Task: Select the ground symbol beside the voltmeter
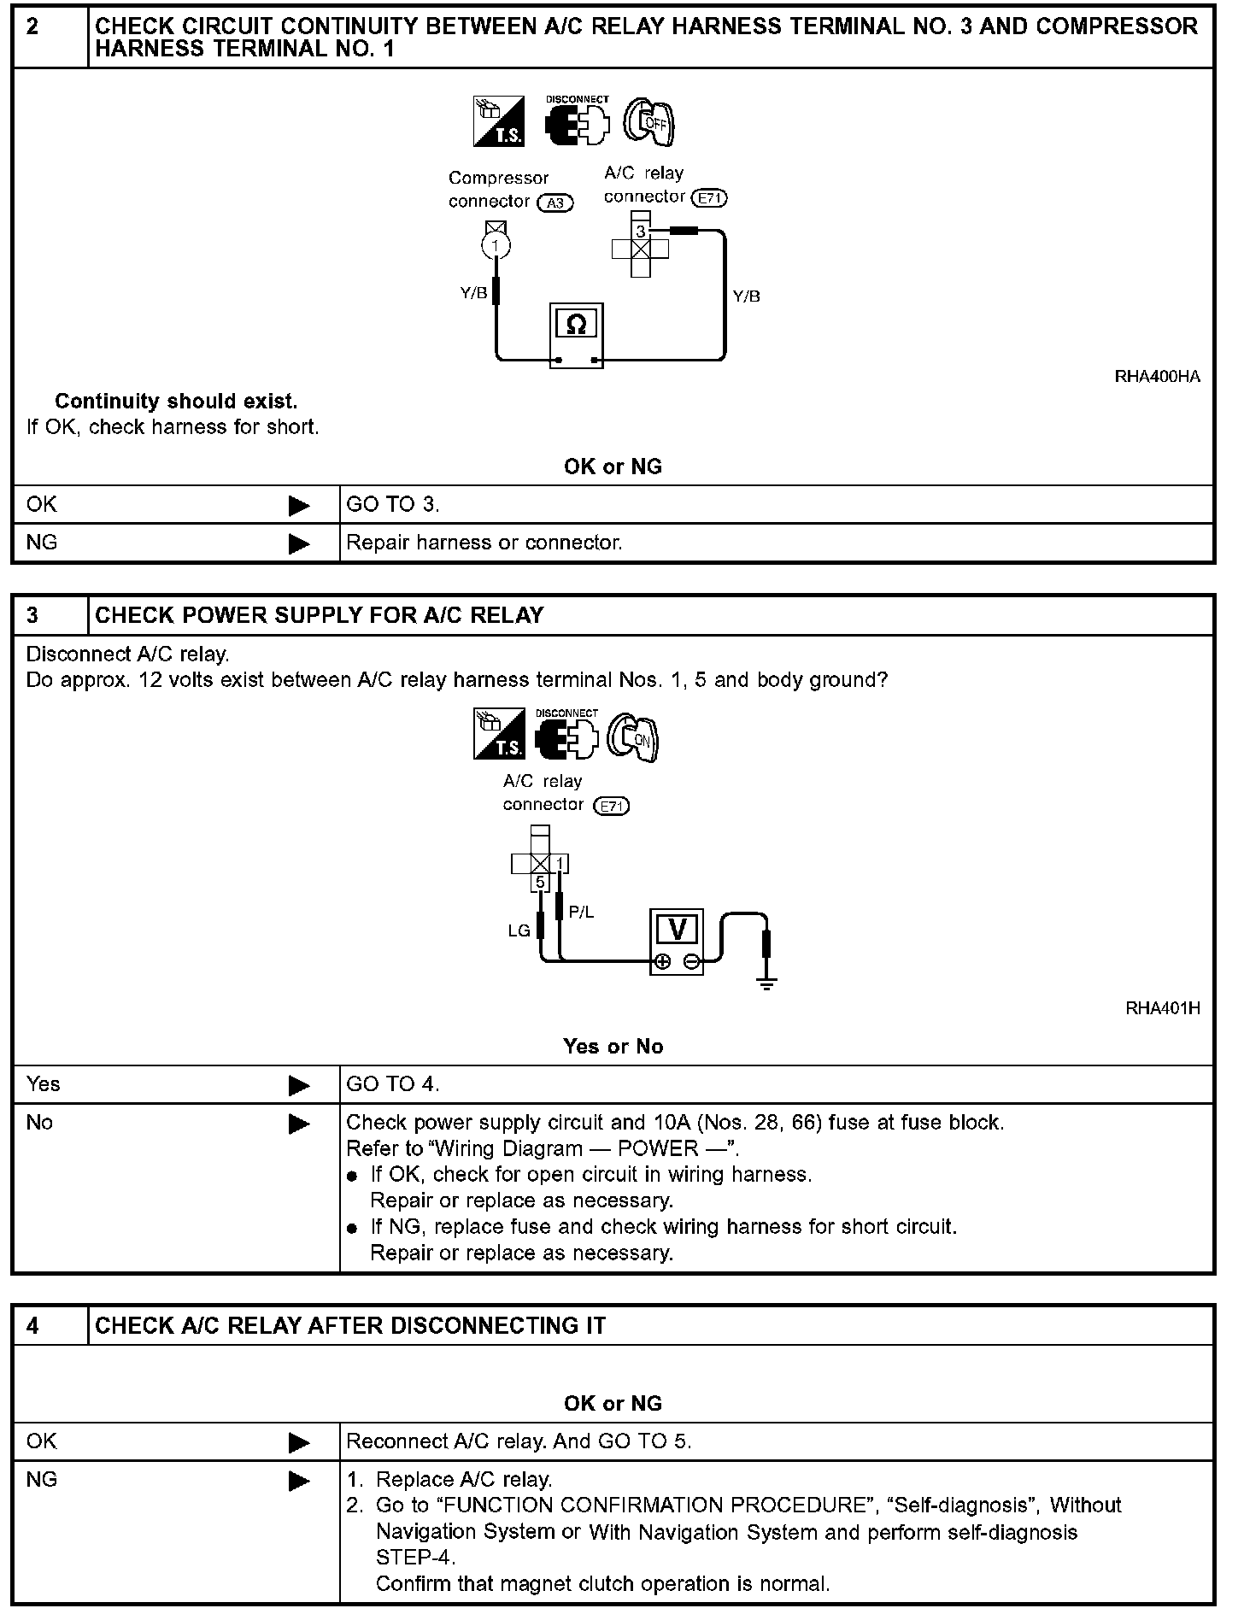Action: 766,983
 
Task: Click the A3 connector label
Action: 555,203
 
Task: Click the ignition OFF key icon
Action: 650,123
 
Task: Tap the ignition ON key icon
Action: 634,737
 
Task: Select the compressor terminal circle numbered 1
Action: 496,246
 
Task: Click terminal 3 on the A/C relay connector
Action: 641,232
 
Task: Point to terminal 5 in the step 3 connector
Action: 540,882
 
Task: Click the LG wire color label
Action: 519,930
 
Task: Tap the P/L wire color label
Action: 581,913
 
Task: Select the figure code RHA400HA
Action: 1157,377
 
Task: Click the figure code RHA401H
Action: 1162,1008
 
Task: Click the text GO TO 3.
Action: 393,505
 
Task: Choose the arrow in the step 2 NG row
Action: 299,543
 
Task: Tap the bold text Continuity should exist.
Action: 176,401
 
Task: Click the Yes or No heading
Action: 613,1047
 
